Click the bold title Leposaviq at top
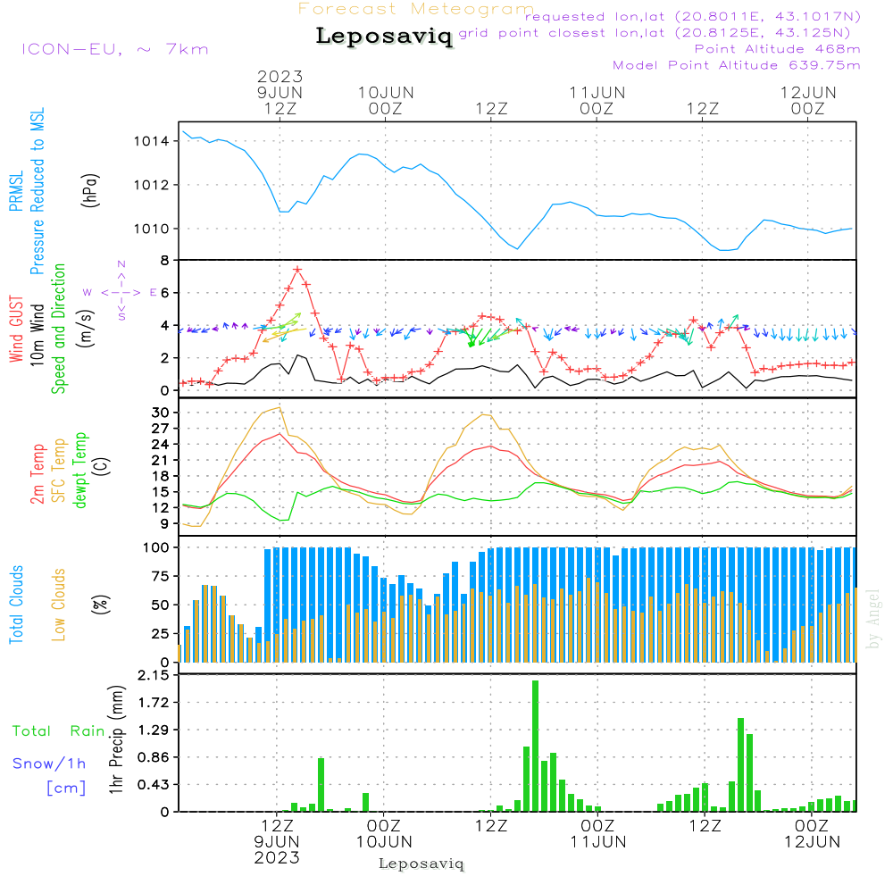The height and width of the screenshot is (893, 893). (384, 37)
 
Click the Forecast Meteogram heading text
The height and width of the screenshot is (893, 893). (416, 9)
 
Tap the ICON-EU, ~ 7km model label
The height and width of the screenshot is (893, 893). (114, 48)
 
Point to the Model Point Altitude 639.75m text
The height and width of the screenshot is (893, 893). (737, 65)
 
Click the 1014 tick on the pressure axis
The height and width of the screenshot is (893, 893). (152, 141)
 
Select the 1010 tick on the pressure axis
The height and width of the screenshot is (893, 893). (152, 229)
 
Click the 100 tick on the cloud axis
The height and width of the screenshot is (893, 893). (157, 547)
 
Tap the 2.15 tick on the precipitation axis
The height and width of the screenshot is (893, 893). (153, 676)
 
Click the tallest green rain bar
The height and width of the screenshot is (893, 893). (536, 746)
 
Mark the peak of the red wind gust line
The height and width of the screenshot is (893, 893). (297, 269)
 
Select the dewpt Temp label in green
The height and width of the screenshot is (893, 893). (80, 470)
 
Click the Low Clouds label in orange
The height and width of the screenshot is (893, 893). (59, 603)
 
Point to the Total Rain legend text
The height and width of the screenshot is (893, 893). (59, 731)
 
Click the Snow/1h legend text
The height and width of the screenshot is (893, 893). (50, 764)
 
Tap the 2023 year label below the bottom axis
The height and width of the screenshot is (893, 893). (277, 857)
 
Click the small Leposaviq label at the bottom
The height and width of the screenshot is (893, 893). (421, 864)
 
